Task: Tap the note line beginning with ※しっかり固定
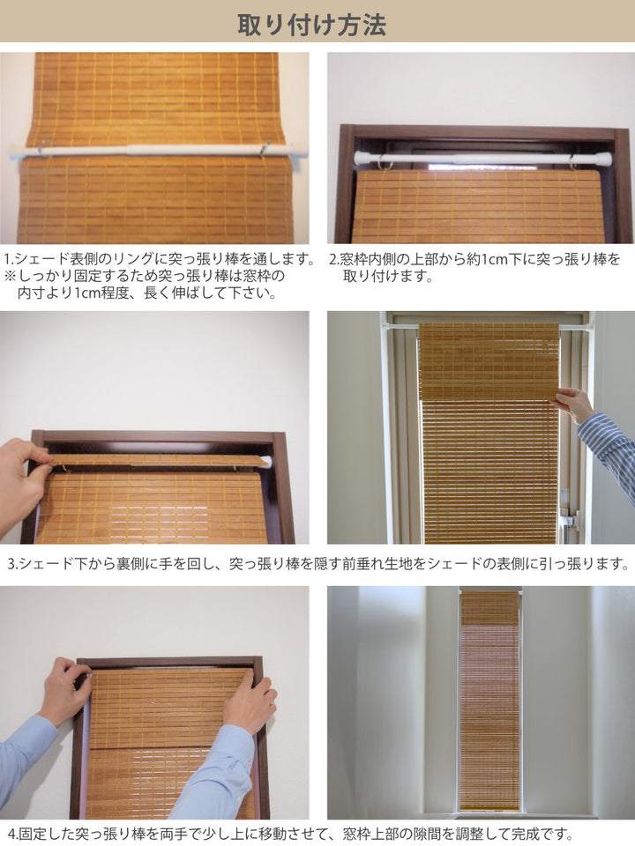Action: click(145, 276)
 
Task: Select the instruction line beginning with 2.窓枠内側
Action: click(474, 259)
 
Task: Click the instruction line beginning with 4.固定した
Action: click(291, 833)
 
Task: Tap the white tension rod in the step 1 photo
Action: click(159, 151)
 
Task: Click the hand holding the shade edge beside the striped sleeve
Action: click(574, 404)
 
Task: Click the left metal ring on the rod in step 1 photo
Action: click(43, 148)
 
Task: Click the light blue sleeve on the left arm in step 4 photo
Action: click(26, 758)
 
